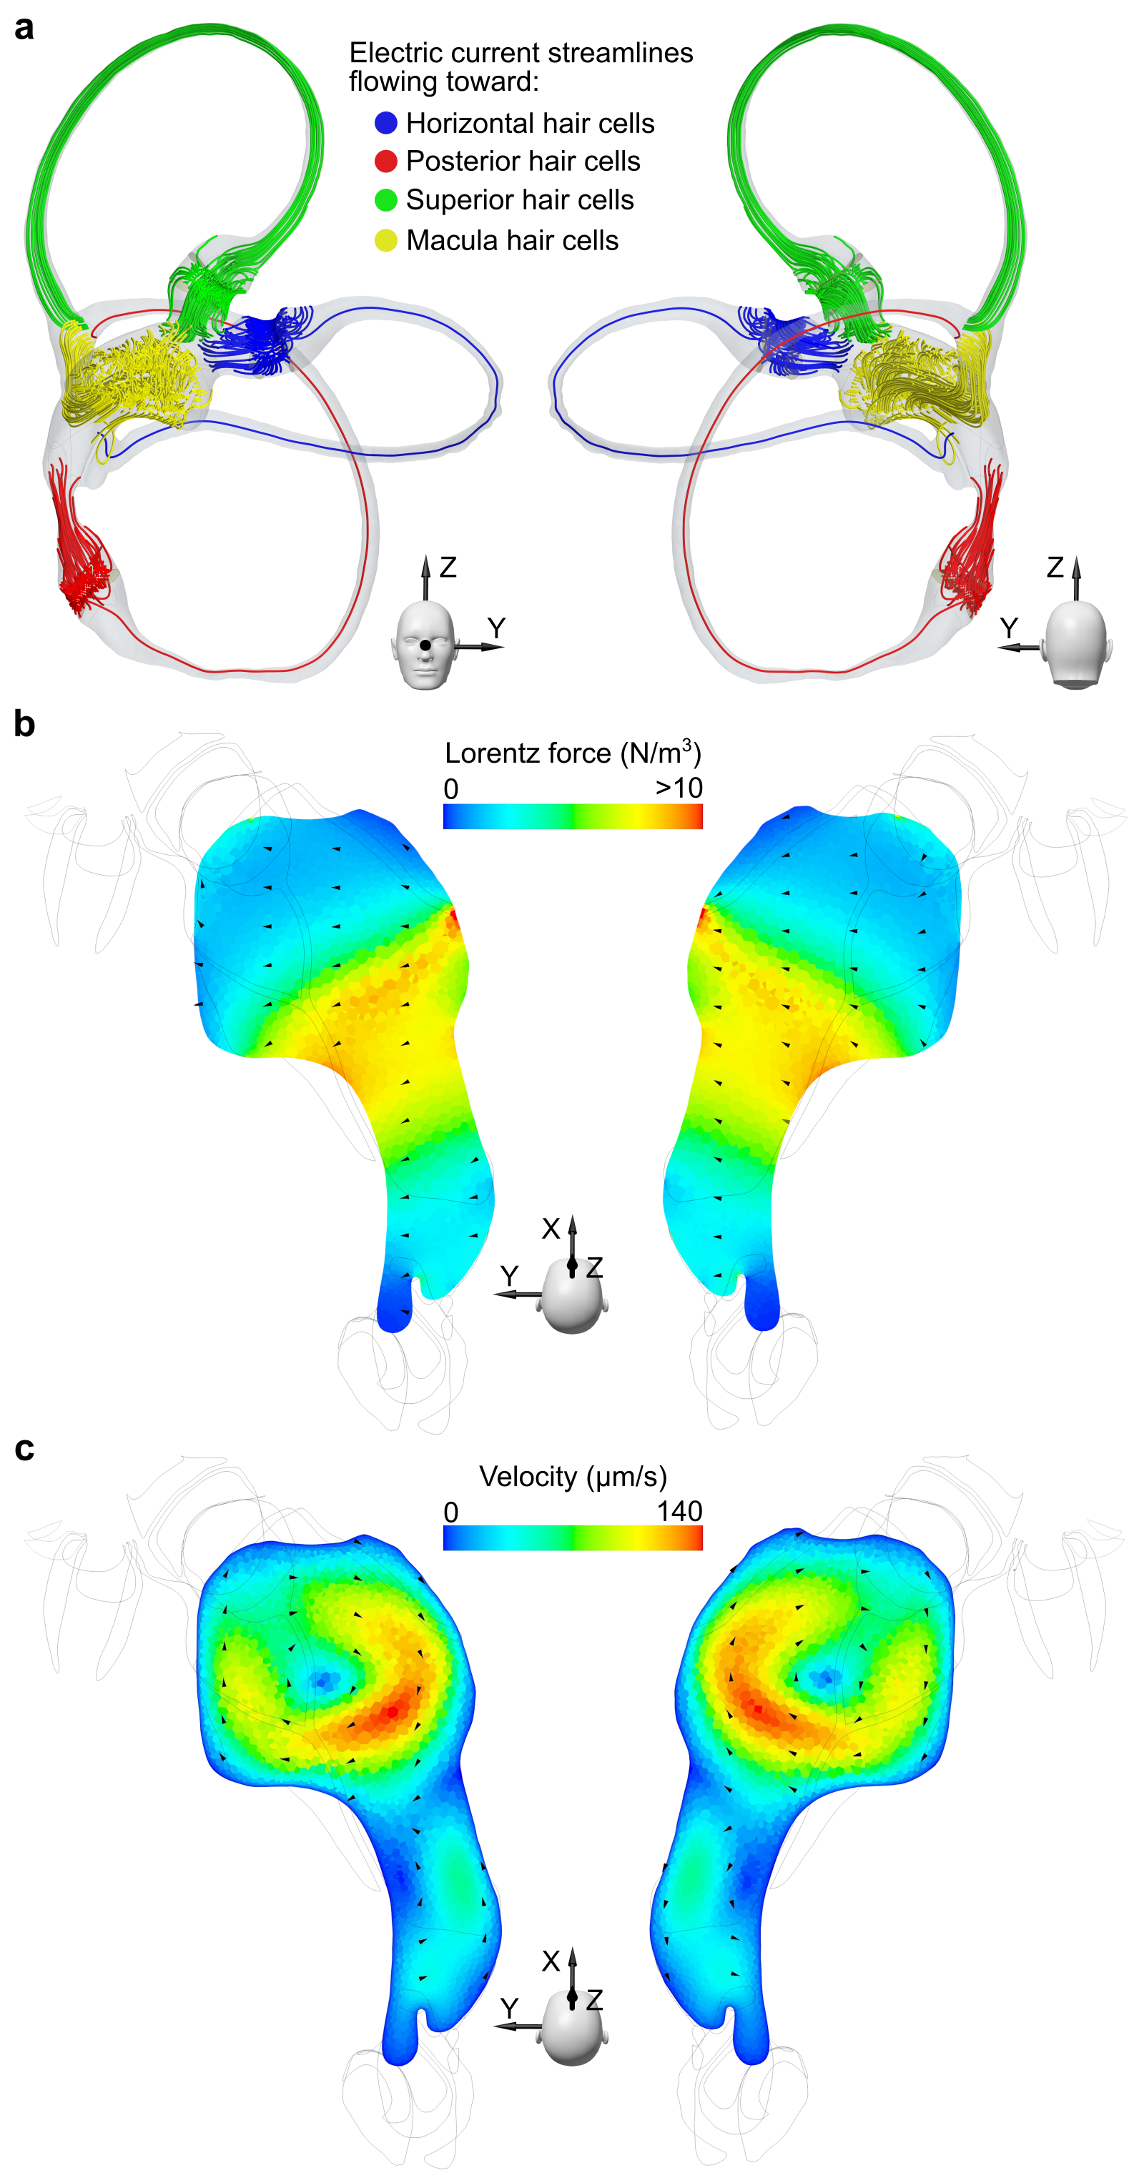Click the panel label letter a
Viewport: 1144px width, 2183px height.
coord(24,28)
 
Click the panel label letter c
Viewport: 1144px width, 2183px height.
coord(24,1448)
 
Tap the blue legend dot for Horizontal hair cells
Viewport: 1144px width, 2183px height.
coord(385,123)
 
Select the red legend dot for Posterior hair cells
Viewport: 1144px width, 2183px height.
coord(385,161)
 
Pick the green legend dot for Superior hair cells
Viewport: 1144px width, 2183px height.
coord(385,200)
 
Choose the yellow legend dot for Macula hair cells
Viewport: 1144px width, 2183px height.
coord(385,241)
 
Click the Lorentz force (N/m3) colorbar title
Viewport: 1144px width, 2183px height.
coord(573,753)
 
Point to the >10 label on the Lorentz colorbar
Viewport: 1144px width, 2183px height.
coord(679,788)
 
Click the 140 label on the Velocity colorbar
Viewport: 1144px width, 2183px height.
coord(679,1511)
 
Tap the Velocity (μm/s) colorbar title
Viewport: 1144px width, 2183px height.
coord(573,1476)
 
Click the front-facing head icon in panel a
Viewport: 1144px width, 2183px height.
coord(424,648)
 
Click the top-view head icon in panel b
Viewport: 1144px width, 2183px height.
coord(572,1297)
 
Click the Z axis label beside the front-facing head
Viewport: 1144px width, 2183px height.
coord(448,567)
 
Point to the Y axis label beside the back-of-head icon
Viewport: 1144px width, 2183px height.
coord(1008,628)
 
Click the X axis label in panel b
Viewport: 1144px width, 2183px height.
coord(551,1229)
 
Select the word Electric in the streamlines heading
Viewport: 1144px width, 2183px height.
coord(398,53)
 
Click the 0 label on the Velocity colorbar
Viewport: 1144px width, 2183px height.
coord(451,1513)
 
